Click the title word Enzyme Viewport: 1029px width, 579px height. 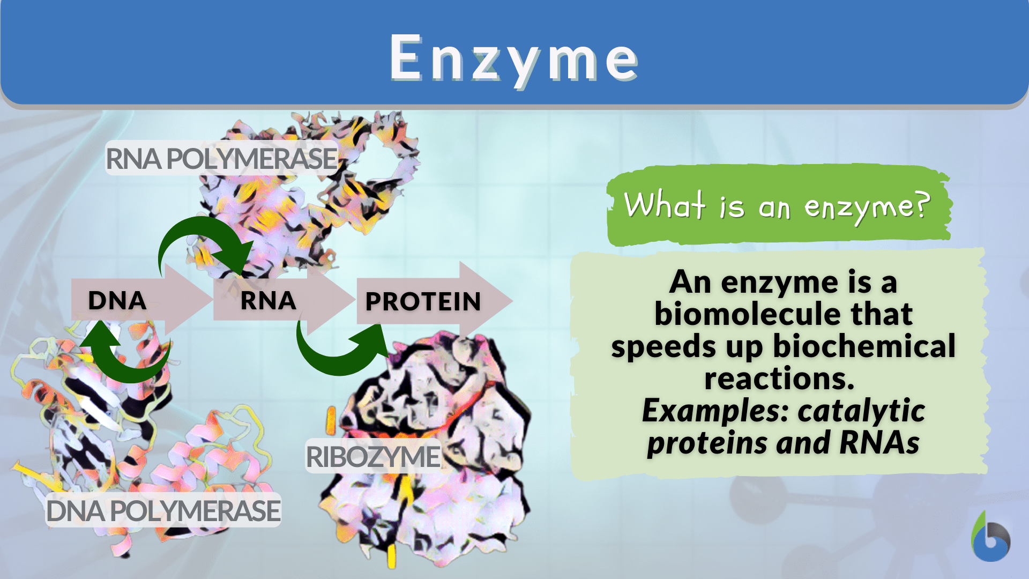(x=513, y=58)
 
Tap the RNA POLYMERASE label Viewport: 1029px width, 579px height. (x=221, y=159)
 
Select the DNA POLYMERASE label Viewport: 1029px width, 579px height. (x=163, y=510)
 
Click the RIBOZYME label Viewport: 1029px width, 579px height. (x=372, y=457)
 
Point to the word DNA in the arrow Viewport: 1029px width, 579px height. (x=117, y=300)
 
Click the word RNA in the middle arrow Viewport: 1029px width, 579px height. (x=268, y=300)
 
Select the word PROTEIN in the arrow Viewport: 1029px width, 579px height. (x=423, y=301)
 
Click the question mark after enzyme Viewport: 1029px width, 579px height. (x=922, y=205)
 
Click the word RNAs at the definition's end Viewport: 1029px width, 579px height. (x=879, y=443)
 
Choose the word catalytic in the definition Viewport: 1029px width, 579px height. (x=861, y=411)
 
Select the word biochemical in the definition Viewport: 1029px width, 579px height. (x=864, y=346)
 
